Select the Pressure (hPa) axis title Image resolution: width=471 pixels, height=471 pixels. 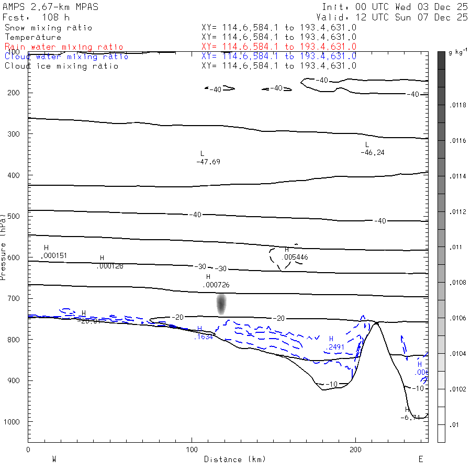tap(4, 246)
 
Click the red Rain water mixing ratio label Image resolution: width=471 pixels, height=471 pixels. tap(64, 47)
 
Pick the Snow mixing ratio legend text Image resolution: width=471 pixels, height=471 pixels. tap(48, 27)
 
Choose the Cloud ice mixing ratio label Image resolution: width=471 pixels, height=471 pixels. tap(61, 66)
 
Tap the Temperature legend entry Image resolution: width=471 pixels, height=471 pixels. tap(33, 37)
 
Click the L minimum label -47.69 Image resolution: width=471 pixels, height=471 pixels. tap(208, 162)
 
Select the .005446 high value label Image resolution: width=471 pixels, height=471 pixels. tap(294, 257)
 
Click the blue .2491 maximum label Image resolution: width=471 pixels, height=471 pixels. tap(335, 347)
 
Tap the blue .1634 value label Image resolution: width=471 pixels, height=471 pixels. tap(203, 337)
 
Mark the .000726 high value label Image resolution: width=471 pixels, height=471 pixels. tap(216, 285)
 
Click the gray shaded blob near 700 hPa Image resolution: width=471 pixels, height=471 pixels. tap(221, 304)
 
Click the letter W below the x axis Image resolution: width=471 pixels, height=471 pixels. tap(54, 459)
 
